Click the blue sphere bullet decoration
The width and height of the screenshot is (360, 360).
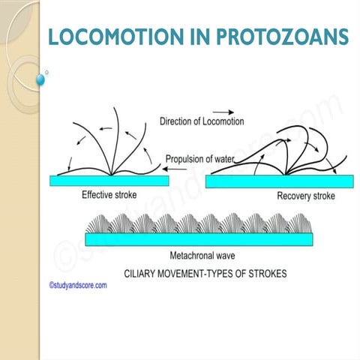point(41,79)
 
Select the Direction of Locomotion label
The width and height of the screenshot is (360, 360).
point(202,121)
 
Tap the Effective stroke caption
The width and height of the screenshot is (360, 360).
point(111,195)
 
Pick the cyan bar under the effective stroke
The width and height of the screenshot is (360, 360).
point(109,181)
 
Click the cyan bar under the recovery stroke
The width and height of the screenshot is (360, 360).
point(280,182)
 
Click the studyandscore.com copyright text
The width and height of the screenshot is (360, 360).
point(77,285)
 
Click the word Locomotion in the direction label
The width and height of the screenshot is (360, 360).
point(221,121)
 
